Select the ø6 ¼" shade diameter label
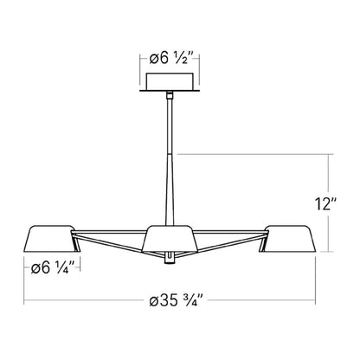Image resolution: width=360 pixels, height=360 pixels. pyautogui.click(x=52, y=268)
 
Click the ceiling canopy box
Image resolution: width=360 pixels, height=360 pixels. pyautogui.click(x=171, y=80)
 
